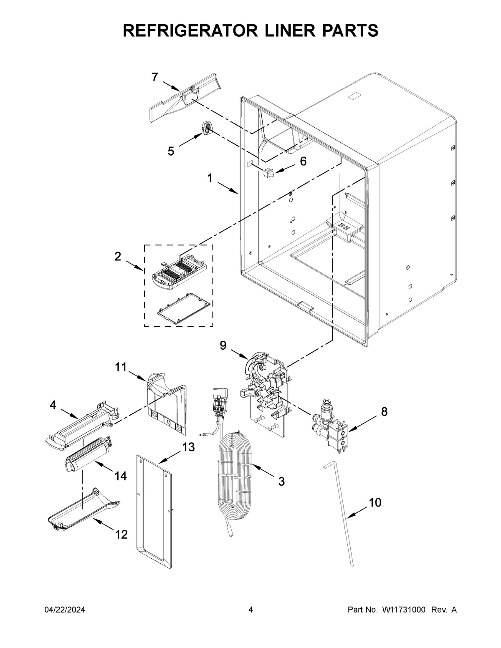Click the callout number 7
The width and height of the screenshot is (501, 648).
[155, 77]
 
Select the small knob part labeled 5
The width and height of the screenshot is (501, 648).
[207, 128]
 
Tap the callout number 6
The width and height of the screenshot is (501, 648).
[303, 161]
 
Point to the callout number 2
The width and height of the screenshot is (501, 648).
[118, 257]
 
